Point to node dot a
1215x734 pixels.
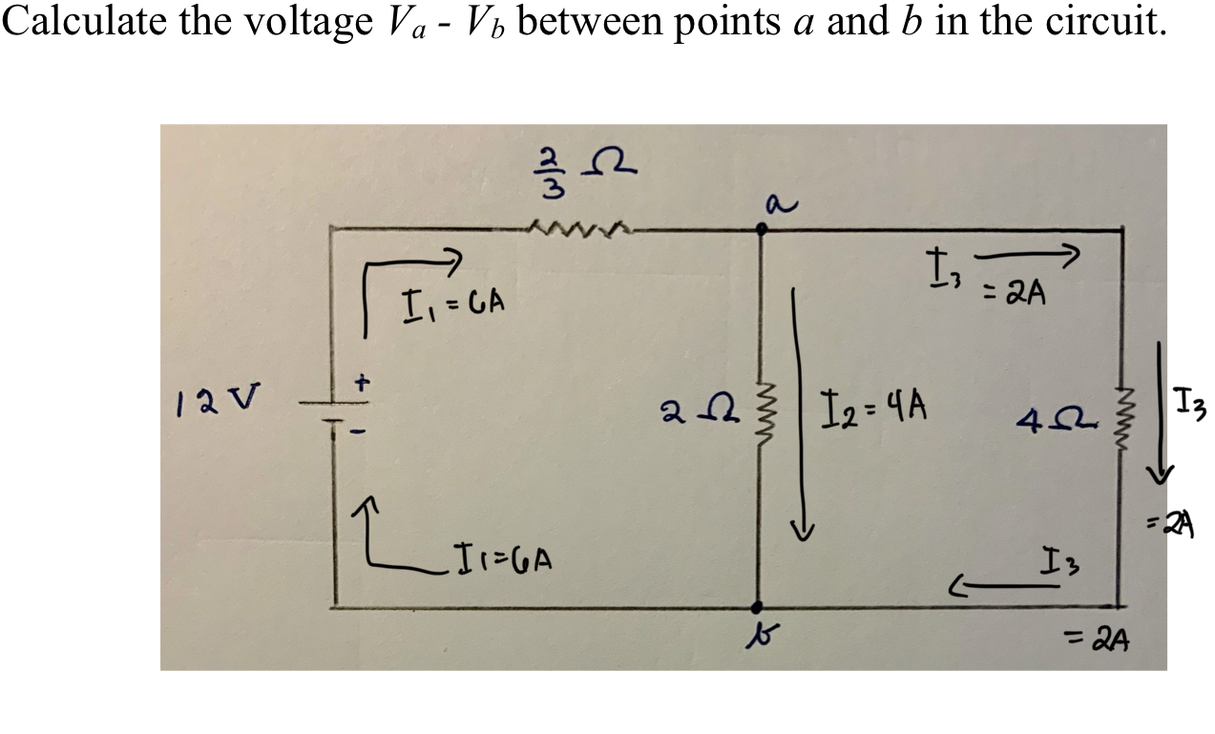pos(761,229)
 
